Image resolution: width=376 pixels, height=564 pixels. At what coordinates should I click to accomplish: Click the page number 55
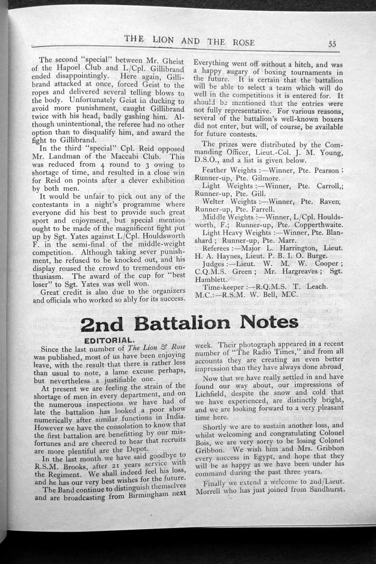pos(333,44)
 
